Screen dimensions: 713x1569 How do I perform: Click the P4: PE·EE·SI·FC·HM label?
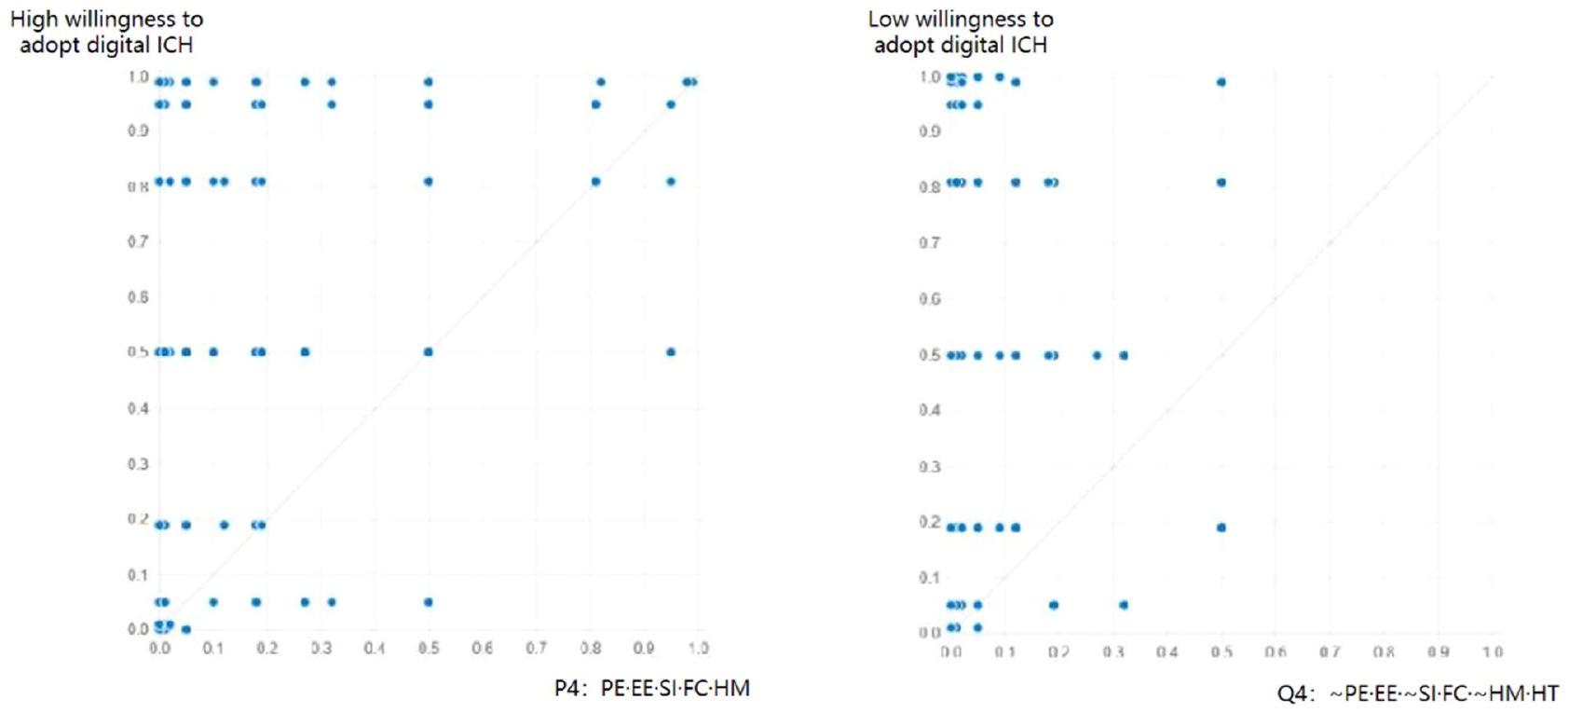click(x=651, y=689)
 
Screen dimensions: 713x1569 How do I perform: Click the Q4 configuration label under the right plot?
click(x=1417, y=693)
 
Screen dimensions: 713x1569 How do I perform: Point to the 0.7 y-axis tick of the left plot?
click(x=138, y=241)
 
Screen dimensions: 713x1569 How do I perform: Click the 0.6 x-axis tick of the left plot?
click(x=482, y=648)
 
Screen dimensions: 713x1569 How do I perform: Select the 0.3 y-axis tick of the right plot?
click(x=929, y=466)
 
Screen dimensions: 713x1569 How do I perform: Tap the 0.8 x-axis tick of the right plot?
click(x=1384, y=652)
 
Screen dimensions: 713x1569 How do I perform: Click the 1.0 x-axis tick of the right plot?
click(x=1492, y=652)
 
